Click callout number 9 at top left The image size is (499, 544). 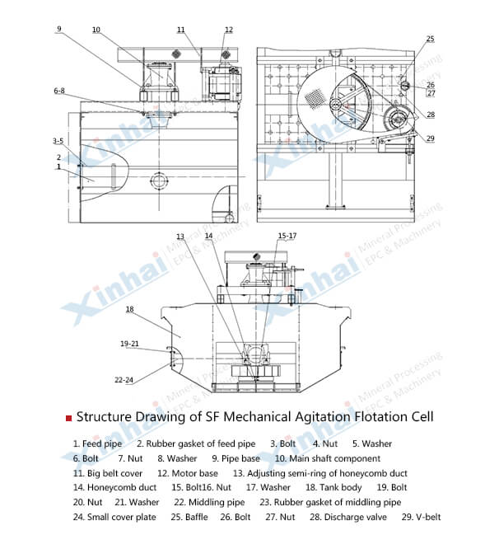coord(59,29)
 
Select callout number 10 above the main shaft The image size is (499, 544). coord(96,30)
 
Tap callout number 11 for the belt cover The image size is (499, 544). coord(180,30)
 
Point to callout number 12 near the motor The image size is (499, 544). coord(228,30)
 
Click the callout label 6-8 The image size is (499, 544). coord(59,90)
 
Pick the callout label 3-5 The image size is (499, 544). coord(58,141)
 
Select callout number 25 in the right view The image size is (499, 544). coord(430,39)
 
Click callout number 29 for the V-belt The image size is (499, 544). coord(430,138)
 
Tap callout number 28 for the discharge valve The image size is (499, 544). coord(431,115)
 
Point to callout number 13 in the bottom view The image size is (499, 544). coord(180,237)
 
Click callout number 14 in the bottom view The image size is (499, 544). coord(208,236)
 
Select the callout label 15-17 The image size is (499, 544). coord(287,236)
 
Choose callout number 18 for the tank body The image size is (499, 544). coord(129,309)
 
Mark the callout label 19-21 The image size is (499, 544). coord(128,344)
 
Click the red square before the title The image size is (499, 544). coord(68,418)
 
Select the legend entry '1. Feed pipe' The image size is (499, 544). coord(97,444)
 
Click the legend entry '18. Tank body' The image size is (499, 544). coord(310,488)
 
